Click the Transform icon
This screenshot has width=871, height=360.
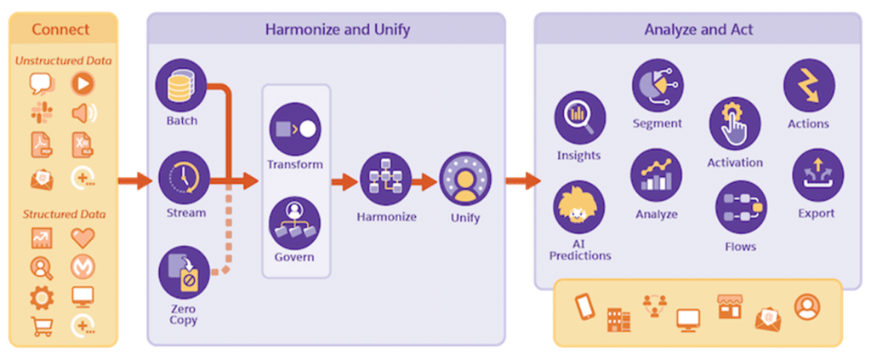[x=294, y=129]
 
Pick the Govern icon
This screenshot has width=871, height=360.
[x=294, y=222]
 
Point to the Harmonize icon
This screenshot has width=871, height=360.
[x=386, y=180]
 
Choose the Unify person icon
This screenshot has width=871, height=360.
[x=464, y=180]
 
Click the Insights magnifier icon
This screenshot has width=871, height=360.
[x=579, y=117]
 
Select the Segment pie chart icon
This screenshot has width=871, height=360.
[x=657, y=85]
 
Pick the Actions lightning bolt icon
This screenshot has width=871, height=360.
[x=808, y=85]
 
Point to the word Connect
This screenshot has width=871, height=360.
[x=60, y=30]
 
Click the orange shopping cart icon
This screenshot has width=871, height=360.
[x=41, y=325]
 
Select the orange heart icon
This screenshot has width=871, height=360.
[x=83, y=237]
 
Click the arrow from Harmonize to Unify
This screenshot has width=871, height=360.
[x=424, y=180]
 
